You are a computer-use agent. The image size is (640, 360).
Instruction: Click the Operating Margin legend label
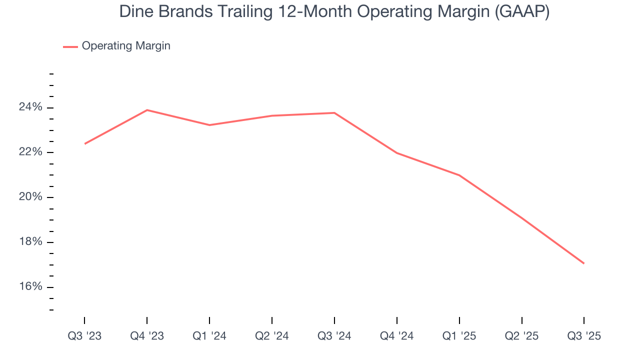pyautogui.click(x=126, y=46)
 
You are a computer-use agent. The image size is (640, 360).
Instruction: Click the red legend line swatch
pyautogui.click(x=70, y=46)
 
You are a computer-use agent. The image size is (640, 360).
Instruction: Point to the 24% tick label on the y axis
pyautogui.click(x=31, y=107)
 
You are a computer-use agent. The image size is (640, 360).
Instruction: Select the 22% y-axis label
pyautogui.click(x=31, y=152)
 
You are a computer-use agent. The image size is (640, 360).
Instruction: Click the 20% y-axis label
pyautogui.click(x=31, y=197)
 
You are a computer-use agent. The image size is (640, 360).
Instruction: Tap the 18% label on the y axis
pyautogui.click(x=31, y=242)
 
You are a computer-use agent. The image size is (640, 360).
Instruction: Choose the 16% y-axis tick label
pyautogui.click(x=31, y=286)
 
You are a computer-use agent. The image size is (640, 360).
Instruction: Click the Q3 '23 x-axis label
pyautogui.click(x=84, y=336)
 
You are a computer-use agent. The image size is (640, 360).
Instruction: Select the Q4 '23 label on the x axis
pyautogui.click(x=147, y=336)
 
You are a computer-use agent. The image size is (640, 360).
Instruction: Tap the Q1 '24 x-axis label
pyautogui.click(x=209, y=336)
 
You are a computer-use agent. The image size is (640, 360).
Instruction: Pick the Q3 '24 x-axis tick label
pyautogui.click(x=334, y=336)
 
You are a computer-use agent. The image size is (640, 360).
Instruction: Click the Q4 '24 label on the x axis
pyautogui.click(x=397, y=336)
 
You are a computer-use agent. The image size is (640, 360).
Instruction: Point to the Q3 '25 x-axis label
pyautogui.click(x=584, y=336)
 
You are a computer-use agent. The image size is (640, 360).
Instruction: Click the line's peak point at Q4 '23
pyautogui.click(x=147, y=110)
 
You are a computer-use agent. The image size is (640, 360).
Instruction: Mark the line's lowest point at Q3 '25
pyautogui.click(x=584, y=263)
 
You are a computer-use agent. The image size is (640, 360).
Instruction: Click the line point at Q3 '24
pyautogui.click(x=334, y=112)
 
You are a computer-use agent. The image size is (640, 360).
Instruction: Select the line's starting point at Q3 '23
pyautogui.click(x=84, y=144)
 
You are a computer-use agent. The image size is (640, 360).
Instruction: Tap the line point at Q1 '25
pyautogui.click(x=459, y=175)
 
